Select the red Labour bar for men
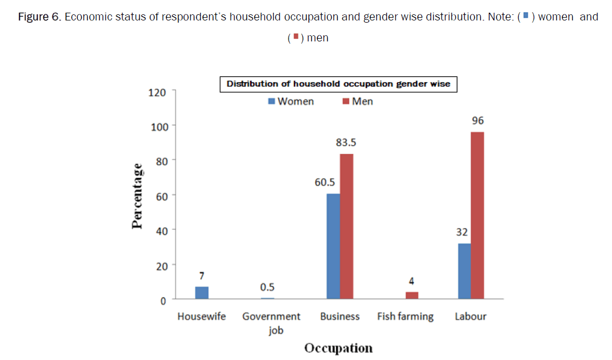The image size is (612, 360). click(477, 215)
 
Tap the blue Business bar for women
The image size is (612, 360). click(333, 246)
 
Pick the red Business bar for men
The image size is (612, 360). click(347, 226)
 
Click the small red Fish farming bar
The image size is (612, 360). click(412, 295)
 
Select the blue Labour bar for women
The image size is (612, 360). click(464, 271)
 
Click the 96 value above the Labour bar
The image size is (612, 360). click(477, 121)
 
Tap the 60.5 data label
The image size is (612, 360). click(326, 182)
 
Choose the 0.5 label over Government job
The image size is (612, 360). click(267, 287)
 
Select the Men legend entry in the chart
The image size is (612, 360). click(358, 102)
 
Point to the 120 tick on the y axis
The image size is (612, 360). click(157, 92)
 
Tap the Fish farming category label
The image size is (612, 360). click(405, 316)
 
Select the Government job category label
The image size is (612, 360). click(272, 323)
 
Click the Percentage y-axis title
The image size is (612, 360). click(137, 195)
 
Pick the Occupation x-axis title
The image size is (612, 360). click(338, 348)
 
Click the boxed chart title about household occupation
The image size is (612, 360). click(338, 84)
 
